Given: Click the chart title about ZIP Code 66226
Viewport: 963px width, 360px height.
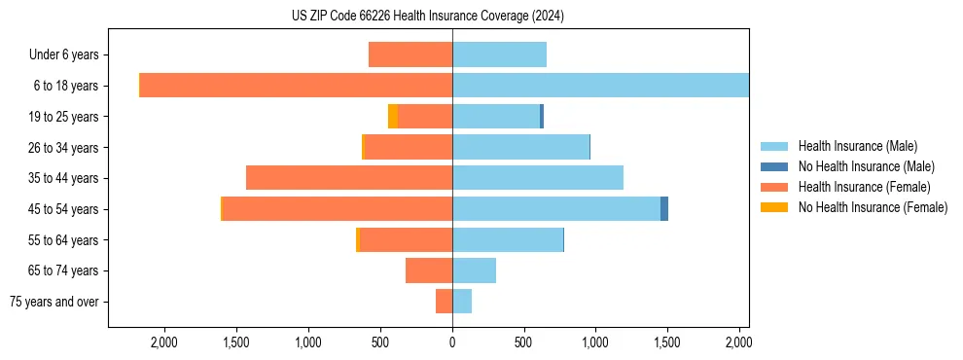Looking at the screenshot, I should pos(427,17).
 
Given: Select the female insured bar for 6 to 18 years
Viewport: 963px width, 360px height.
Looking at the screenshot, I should pos(296,86).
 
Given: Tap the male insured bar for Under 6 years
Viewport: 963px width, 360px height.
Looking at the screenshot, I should pos(499,54).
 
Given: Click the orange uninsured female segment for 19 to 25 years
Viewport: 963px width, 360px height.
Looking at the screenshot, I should pos(393,117).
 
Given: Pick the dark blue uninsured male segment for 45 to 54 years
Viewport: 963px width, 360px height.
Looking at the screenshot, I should pos(664,209).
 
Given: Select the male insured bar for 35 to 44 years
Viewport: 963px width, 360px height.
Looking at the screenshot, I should pos(537,178).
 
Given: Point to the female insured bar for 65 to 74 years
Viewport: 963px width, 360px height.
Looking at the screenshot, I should pos(429,270).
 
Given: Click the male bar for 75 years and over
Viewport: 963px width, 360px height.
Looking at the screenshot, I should pos(462,302).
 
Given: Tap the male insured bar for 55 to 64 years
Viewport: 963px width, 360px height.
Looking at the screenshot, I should pos(508,239).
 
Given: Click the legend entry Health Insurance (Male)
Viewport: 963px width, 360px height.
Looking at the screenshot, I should pos(857,146).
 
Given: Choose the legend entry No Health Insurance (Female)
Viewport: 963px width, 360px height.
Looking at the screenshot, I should pos(873,207).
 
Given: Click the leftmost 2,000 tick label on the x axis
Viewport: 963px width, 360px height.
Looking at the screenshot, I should pos(163,342).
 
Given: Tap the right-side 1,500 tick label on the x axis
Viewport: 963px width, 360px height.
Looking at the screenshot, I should pos(667,342).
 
